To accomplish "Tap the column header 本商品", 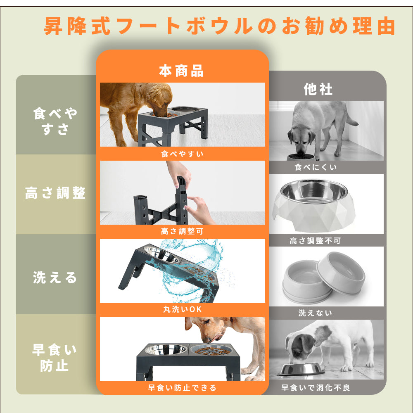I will [x=182, y=71].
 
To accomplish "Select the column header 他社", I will [x=318, y=89].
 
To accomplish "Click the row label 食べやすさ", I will [x=55, y=121].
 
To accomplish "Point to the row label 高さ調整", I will [x=55, y=193].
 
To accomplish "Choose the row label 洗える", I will [x=55, y=278].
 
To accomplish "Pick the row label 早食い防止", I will [x=55, y=358].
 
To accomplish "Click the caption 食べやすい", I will [x=182, y=154].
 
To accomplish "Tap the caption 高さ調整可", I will [x=182, y=232].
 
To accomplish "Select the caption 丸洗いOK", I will [x=182, y=309].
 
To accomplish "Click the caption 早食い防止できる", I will [x=182, y=388].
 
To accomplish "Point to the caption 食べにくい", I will [x=316, y=167].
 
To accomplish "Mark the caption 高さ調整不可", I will [x=316, y=241].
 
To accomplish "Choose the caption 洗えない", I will [x=316, y=313].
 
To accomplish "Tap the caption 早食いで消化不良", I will [x=316, y=388].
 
